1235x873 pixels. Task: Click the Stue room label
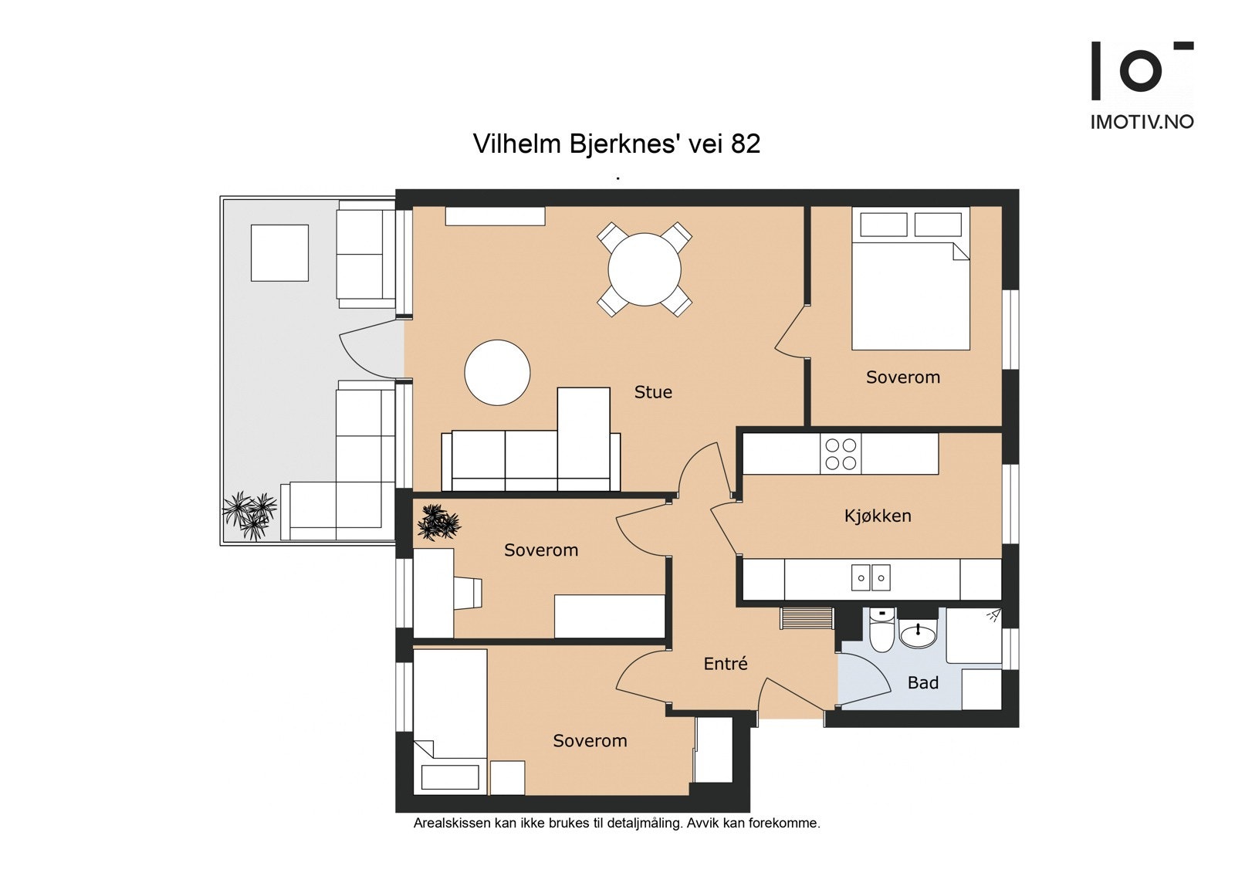[653, 392]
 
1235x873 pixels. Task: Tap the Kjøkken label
[878, 516]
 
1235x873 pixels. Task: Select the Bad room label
[923, 683]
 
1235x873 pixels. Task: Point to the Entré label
[726, 663]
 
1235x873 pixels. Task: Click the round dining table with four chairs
[645, 269]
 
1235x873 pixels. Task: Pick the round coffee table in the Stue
[497, 373]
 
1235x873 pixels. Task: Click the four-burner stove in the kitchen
[841, 454]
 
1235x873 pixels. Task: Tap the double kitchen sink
[871, 578]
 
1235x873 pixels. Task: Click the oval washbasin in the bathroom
[918, 634]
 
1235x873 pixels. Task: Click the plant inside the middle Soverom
[439, 522]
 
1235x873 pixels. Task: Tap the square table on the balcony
[279, 252]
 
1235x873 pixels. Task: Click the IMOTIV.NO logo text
[1142, 122]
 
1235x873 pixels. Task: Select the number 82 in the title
[746, 144]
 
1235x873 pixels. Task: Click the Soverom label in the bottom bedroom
[590, 741]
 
